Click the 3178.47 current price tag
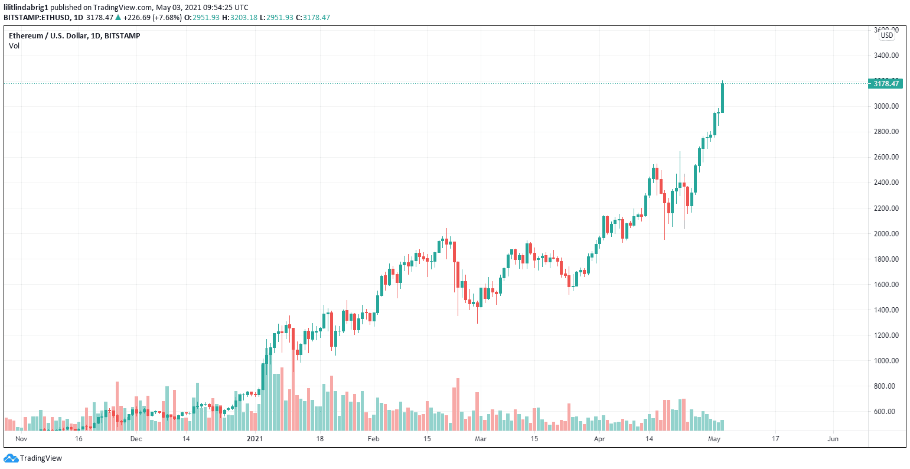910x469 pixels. (x=885, y=84)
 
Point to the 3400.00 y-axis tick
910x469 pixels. (x=886, y=56)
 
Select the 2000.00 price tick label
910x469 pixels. (x=886, y=234)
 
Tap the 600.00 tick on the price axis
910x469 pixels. (x=886, y=412)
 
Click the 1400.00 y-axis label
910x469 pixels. (x=886, y=310)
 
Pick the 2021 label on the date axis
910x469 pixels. (x=254, y=439)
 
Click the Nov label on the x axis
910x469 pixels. (x=21, y=439)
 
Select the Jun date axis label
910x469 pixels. (x=833, y=439)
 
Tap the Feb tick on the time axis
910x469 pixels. (x=373, y=439)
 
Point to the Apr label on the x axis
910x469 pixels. (x=599, y=439)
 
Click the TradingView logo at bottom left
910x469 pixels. (x=32, y=458)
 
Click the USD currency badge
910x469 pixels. (x=886, y=35)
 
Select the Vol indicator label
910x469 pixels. (x=14, y=46)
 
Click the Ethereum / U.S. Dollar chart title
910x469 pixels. (x=74, y=36)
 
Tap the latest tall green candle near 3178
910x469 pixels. (x=722, y=98)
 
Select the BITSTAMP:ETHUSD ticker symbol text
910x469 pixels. (x=36, y=18)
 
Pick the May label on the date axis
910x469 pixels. (x=715, y=439)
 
